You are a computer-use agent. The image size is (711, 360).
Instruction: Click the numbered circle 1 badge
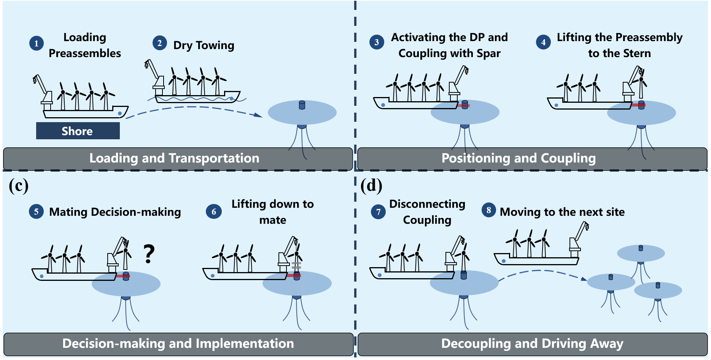[x=37, y=43]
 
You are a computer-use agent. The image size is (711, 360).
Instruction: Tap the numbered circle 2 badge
[x=160, y=43]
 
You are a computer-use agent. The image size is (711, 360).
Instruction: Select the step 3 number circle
[x=377, y=42]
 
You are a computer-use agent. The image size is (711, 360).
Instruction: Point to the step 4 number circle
[x=543, y=42]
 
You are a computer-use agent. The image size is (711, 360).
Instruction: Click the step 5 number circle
[x=36, y=212]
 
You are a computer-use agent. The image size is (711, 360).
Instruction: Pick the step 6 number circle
[x=214, y=212]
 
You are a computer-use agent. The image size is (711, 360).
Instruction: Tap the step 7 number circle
[x=378, y=212]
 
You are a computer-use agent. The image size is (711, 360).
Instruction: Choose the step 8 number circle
[x=489, y=210]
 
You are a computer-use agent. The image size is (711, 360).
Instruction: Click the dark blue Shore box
[x=78, y=131]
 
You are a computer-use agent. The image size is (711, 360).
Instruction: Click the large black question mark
[x=149, y=254]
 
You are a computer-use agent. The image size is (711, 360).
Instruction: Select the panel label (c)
[x=18, y=186]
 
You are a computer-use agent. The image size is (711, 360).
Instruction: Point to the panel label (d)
[x=371, y=186]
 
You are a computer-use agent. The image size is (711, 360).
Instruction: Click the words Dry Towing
[x=204, y=45]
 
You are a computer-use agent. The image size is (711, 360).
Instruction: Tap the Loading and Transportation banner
[x=174, y=158]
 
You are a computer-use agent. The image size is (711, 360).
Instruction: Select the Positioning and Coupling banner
[x=518, y=158]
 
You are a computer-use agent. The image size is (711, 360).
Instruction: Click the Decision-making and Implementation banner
[x=178, y=344]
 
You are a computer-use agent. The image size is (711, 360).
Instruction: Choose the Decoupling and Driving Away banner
[x=532, y=344]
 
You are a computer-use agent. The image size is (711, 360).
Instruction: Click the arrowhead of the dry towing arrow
[x=259, y=115]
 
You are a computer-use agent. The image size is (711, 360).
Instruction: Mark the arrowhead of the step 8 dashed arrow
[x=584, y=279]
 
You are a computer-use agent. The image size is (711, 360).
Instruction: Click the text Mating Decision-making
[x=115, y=212]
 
